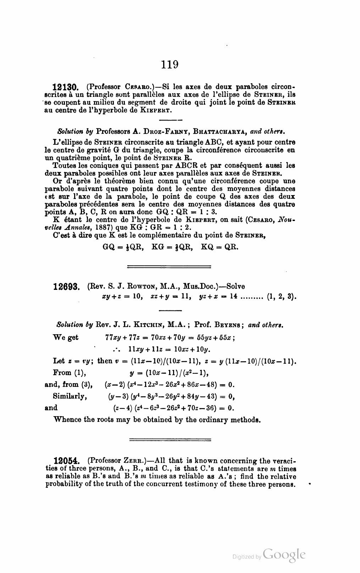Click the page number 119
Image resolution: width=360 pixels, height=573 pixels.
169,64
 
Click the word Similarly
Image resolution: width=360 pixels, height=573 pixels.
70,396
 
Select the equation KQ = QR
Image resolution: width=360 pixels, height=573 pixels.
220,247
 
